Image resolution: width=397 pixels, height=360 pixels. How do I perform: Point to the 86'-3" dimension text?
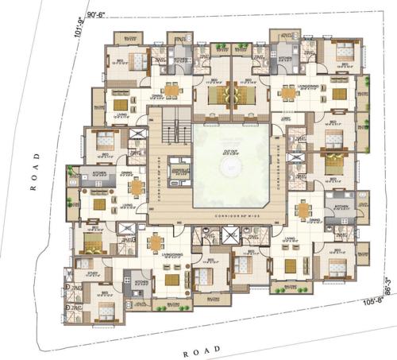387,284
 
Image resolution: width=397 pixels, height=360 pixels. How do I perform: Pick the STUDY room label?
82,271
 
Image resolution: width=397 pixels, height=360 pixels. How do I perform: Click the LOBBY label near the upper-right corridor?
286,118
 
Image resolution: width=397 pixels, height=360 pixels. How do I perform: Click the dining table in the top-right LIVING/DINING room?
287,92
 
